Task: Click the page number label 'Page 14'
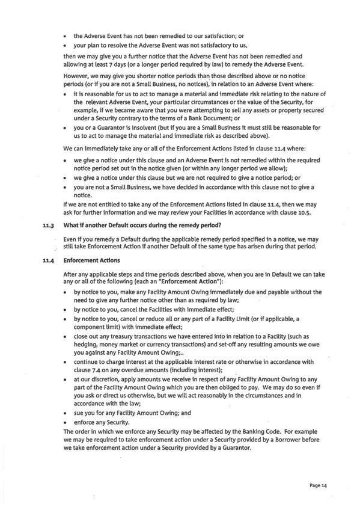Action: click(317, 485)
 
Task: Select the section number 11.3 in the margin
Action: click(41, 225)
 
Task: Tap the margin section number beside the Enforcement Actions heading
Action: click(41, 261)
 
